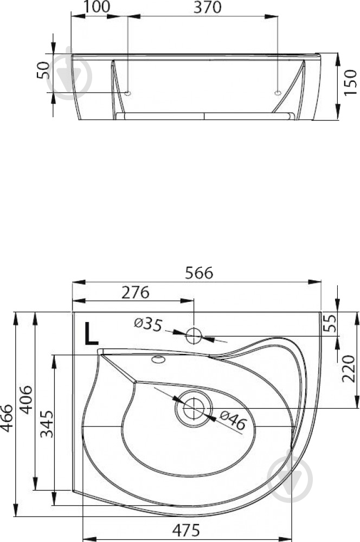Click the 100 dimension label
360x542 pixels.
click(x=97, y=7)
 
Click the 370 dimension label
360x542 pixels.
click(x=208, y=7)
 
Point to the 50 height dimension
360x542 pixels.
click(x=43, y=70)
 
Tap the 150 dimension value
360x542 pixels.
click(x=350, y=82)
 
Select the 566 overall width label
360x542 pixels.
click(x=199, y=273)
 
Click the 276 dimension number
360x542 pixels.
click(x=135, y=293)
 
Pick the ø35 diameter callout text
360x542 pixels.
click(x=148, y=324)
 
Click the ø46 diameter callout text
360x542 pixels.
click(x=233, y=420)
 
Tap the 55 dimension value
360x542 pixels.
click(x=331, y=323)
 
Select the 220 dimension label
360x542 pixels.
click(x=349, y=369)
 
